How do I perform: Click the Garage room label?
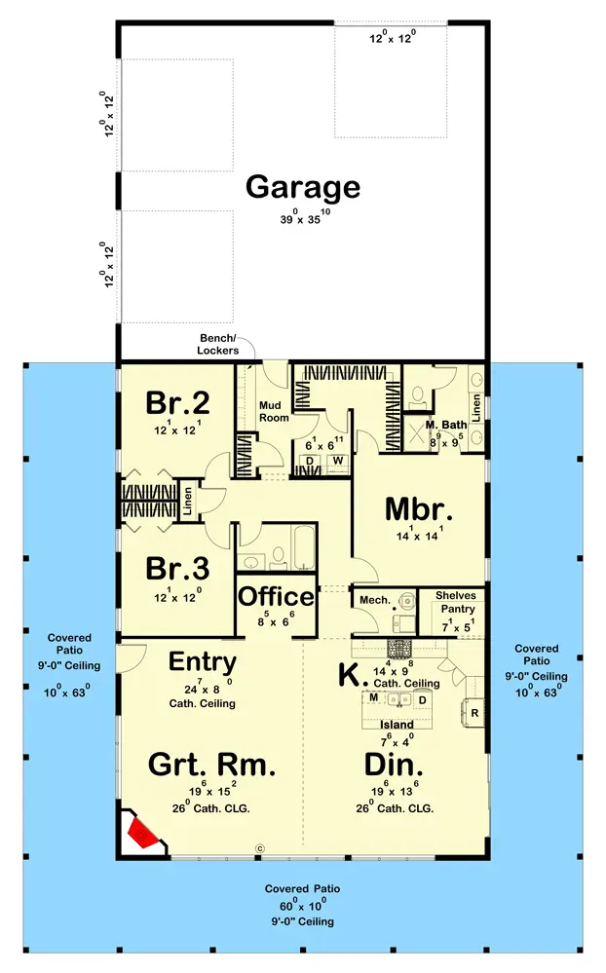tap(303, 188)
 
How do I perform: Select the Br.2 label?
tap(177, 402)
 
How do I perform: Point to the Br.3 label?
tap(177, 568)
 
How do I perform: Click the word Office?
tap(277, 596)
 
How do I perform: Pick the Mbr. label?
tap(419, 509)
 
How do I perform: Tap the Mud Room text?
tap(274, 411)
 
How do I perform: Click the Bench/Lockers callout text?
tap(218, 345)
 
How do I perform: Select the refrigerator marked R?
tap(473, 712)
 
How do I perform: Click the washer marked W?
tap(338, 461)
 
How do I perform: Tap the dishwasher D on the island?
tap(422, 700)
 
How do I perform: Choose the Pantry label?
tap(458, 609)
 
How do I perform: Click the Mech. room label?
tap(375, 600)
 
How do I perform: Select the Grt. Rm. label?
tap(211, 765)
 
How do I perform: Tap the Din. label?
tap(394, 765)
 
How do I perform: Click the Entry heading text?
tap(203, 662)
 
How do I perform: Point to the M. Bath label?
tap(446, 425)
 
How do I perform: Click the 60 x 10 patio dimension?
tap(302, 904)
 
